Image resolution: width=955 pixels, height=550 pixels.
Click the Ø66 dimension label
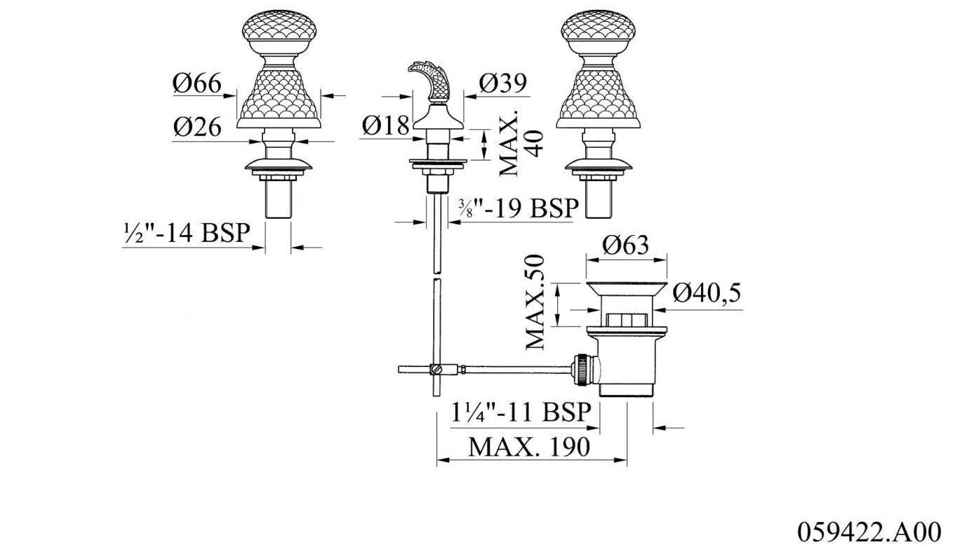click(x=197, y=83)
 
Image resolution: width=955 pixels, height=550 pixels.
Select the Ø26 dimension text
click(x=197, y=127)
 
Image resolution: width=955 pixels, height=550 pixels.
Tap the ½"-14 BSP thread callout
click(x=187, y=233)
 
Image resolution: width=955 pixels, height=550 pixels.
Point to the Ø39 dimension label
click(x=502, y=83)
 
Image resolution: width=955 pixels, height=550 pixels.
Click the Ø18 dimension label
click(x=386, y=126)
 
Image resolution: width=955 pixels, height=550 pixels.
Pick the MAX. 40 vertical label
click(x=521, y=144)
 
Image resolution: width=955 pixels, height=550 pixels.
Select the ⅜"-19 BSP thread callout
click(x=519, y=208)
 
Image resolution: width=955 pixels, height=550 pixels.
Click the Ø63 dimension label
click(x=625, y=245)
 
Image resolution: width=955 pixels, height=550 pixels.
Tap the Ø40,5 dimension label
click(x=707, y=293)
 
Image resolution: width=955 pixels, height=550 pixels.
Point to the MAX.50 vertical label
click(x=535, y=302)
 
